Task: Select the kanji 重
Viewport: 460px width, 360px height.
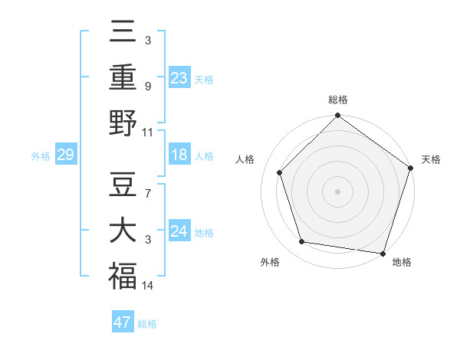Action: [x=123, y=77]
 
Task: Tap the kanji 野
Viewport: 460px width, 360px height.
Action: [x=123, y=123]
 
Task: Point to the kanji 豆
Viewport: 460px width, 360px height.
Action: [x=123, y=185]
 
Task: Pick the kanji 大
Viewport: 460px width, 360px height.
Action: [x=123, y=231]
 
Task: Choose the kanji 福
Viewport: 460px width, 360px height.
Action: [x=123, y=276]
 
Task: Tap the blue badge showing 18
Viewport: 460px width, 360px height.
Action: [x=179, y=155]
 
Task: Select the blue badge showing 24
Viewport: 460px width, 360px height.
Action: [x=179, y=231]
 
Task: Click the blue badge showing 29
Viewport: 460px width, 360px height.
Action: [x=65, y=155]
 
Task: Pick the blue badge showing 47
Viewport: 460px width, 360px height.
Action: [x=123, y=322]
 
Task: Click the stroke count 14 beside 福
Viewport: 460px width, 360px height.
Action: [x=148, y=286]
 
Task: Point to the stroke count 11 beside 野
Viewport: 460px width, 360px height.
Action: [x=148, y=132]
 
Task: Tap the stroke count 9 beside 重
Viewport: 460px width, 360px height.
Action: [x=147, y=87]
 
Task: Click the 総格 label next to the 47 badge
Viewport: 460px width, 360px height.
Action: [x=147, y=324]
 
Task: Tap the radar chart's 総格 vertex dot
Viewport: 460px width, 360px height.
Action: [x=337, y=116]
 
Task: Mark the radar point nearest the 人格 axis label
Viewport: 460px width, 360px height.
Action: [x=280, y=172]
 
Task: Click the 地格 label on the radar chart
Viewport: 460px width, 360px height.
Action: [x=402, y=262]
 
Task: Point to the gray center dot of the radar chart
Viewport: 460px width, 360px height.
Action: [x=337, y=191]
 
